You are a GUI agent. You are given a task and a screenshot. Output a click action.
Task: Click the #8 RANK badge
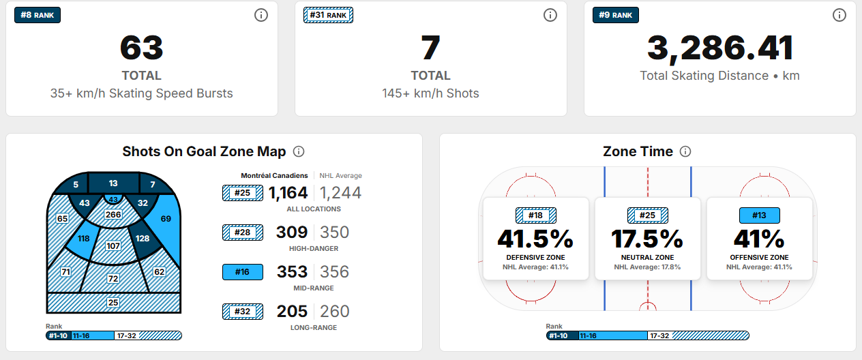pyautogui.click(x=38, y=15)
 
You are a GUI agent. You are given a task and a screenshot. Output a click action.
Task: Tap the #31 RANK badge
pyautogui.click(x=328, y=15)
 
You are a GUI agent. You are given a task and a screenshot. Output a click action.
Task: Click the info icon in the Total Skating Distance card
pyautogui.click(x=839, y=15)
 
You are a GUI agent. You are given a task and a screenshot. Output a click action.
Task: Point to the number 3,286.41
pyautogui.click(x=719, y=48)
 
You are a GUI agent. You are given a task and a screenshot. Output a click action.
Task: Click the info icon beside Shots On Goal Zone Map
pyautogui.click(x=299, y=152)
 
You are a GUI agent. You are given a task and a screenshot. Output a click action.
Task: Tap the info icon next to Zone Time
pyautogui.click(x=686, y=152)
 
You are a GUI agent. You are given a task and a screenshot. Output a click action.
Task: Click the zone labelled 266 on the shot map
pyautogui.click(x=113, y=215)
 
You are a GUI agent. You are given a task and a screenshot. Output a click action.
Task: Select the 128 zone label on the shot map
pyautogui.click(x=143, y=239)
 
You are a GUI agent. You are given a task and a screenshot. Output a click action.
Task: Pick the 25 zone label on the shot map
pyautogui.click(x=113, y=302)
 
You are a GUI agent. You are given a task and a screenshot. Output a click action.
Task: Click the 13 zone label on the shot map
pyautogui.click(x=113, y=183)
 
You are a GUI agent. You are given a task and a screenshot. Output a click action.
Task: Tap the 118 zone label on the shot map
pyautogui.click(x=84, y=239)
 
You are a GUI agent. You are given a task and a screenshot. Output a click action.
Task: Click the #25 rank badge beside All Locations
pyautogui.click(x=242, y=193)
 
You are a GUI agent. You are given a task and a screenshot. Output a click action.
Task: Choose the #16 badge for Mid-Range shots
pyautogui.click(x=242, y=272)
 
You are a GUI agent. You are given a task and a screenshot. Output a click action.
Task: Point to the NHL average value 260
pyautogui.click(x=334, y=312)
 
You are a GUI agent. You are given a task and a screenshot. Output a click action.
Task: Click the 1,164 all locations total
pyautogui.click(x=288, y=193)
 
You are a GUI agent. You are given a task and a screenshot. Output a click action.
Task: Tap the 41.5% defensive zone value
pyautogui.click(x=535, y=239)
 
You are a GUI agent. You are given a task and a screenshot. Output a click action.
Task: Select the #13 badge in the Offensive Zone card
pyautogui.click(x=759, y=215)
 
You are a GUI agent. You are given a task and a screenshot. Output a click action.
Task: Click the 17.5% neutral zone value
pyautogui.click(x=647, y=239)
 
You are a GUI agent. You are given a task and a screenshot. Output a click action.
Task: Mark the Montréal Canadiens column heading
pyautogui.click(x=274, y=176)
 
